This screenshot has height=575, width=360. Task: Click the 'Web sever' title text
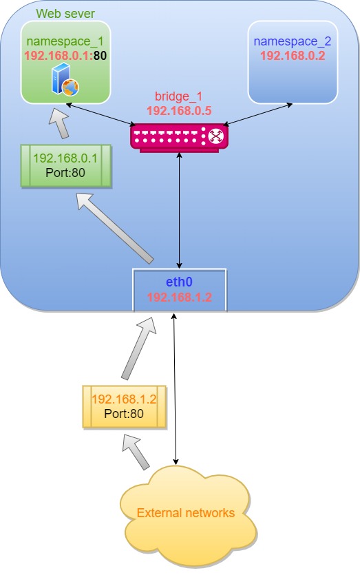tap(65, 13)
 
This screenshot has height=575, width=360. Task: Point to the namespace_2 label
tap(292, 41)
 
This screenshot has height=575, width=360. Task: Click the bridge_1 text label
tap(179, 96)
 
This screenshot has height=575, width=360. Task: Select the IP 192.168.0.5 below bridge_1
tap(179, 109)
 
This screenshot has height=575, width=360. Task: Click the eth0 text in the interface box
tap(179, 282)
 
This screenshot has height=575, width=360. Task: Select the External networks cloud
tap(186, 513)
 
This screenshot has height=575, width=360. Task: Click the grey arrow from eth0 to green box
tap(116, 228)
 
